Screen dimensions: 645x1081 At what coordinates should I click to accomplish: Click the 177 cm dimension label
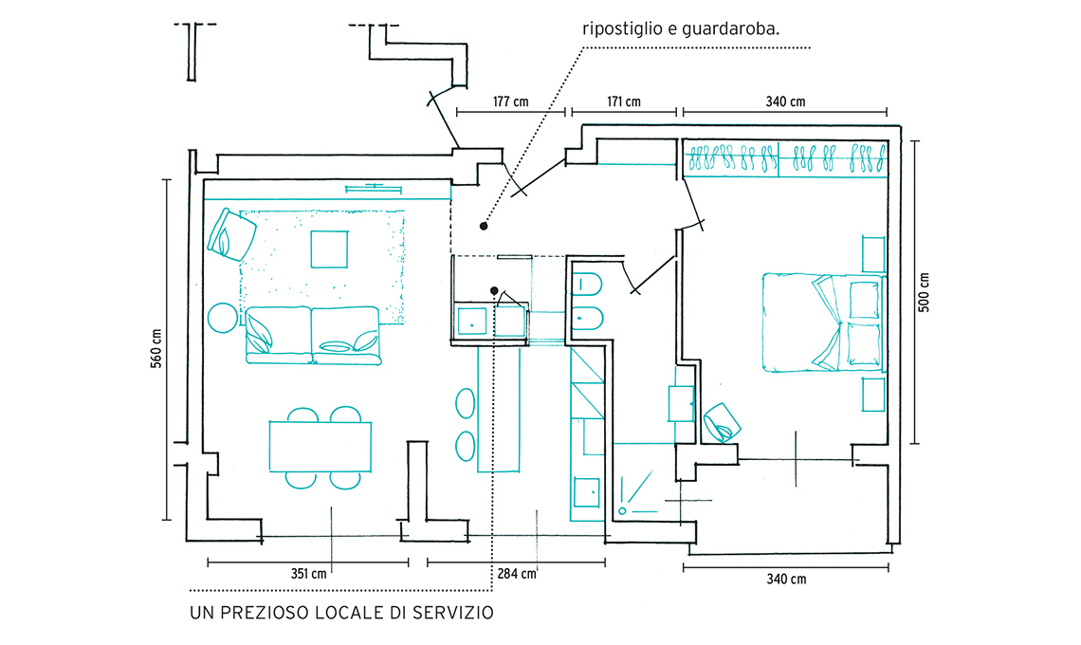[511, 101]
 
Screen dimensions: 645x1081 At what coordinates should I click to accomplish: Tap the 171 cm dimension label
[621, 101]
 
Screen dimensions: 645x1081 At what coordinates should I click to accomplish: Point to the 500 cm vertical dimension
[925, 292]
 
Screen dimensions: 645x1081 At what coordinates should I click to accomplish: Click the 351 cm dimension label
[308, 574]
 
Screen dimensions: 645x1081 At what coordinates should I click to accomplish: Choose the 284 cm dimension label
[517, 574]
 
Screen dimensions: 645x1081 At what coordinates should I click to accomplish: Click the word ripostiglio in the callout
[622, 28]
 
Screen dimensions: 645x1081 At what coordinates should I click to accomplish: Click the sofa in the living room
[314, 336]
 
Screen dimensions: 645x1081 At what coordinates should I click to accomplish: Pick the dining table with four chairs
[320, 446]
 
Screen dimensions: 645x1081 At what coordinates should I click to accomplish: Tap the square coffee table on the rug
[331, 249]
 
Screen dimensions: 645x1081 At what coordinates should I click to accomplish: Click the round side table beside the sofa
[224, 317]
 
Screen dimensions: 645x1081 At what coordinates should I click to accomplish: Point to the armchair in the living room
[232, 233]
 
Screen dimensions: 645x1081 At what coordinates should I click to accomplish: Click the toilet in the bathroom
[587, 286]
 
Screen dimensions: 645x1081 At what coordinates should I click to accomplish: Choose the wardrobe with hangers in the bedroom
[786, 158]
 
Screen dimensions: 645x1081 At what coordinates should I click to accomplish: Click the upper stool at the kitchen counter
[466, 402]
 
